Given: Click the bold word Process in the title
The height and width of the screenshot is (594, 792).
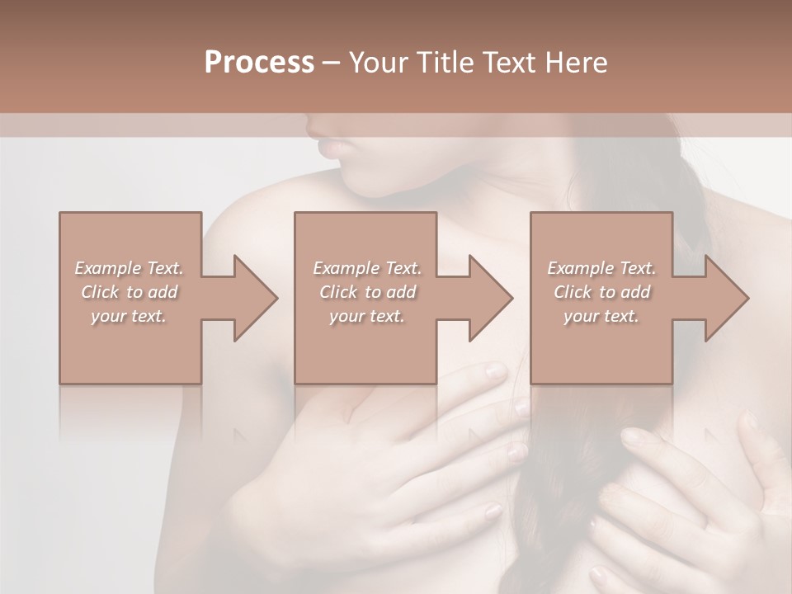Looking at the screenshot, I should pyautogui.click(x=259, y=62).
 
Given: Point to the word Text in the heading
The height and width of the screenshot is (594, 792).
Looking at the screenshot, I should pyautogui.click(x=504, y=62).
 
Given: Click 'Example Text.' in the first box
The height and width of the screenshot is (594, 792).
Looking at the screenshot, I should pyautogui.click(x=129, y=268).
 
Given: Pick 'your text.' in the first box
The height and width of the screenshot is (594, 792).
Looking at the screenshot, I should pyautogui.click(x=129, y=316).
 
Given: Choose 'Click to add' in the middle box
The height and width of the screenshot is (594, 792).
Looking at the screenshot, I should pyautogui.click(x=366, y=292).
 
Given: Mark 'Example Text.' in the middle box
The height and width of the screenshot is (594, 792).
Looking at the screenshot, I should pyautogui.click(x=366, y=268).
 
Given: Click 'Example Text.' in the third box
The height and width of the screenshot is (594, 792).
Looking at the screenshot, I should pyautogui.click(x=601, y=268).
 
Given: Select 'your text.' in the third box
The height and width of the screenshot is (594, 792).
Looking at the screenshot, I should pyautogui.click(x=601, y=316).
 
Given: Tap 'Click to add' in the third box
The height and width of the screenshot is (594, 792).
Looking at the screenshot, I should pyautogui.click(x=601, y=292).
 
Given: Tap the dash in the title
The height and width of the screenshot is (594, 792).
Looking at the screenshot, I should pyautogui.click(x=332, y=62).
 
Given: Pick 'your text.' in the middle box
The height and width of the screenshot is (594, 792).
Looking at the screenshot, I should pyautogui.click(x=366, y=316).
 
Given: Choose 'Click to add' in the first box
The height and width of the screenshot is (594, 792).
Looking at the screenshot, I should pyautogui.click(x=129, y=292).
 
